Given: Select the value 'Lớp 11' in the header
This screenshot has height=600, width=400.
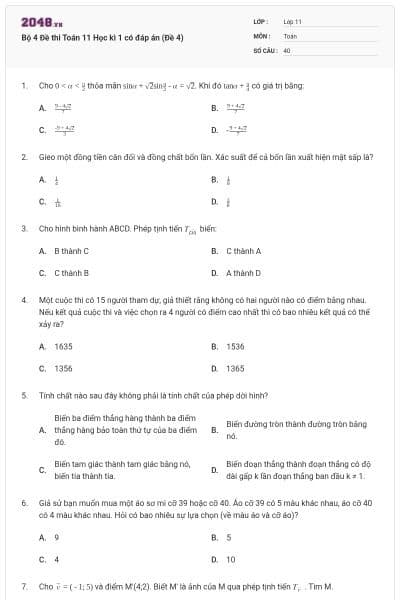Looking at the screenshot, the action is (x=293, y=21).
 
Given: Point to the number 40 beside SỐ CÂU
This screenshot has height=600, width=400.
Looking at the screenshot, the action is (x=287, y=49).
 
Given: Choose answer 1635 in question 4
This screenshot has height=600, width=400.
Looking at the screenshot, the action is (x=63, y=346).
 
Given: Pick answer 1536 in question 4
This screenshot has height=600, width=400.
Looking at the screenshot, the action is (x=235, y=346).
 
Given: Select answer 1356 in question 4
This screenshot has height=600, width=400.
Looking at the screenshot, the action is (x=63, y=368).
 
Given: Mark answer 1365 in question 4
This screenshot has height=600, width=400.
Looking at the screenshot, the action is (x=235, y=368).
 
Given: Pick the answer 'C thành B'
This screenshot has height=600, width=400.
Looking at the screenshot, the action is (x=71, y=272).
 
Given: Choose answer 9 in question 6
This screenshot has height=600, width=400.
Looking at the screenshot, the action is (x=56, y=537).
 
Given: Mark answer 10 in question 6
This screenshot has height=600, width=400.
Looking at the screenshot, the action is (x=231, y=559).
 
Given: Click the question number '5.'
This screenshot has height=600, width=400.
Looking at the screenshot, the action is (x=23, y=395).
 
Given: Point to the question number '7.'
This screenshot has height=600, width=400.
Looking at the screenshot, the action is (x=23, y=585).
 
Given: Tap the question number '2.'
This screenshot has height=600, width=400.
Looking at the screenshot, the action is (x=23, y=157).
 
